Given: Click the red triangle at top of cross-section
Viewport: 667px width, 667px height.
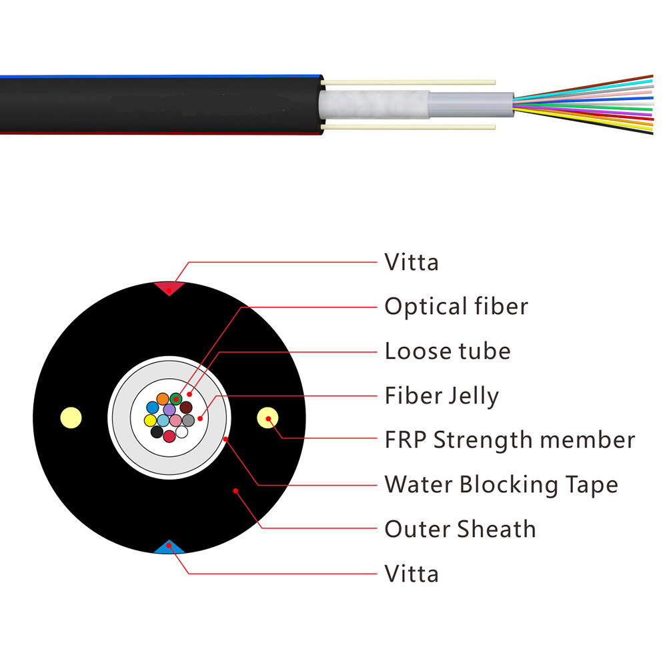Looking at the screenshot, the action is coord(169,287).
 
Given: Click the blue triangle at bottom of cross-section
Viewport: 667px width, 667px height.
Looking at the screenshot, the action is coord(169,548).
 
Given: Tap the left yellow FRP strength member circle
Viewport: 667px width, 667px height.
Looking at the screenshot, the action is coord(71,418).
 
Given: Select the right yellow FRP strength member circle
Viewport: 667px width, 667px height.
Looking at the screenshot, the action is coord(267,418).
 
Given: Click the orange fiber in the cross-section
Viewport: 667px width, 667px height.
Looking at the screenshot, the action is coord(163,399).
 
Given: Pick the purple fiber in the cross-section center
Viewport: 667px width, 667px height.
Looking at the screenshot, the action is coord(169,410).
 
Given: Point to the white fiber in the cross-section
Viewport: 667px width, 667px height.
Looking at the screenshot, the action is coord(181,432).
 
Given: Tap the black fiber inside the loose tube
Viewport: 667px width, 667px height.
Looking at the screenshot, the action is coord(157,432).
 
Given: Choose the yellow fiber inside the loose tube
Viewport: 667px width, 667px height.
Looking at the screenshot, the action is coord(150,421).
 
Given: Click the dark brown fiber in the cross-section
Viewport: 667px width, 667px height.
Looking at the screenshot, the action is coord(186,407).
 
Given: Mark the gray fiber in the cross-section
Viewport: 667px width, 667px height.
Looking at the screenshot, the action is coord(188,420).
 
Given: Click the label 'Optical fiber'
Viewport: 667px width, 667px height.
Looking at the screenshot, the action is coord(456,306).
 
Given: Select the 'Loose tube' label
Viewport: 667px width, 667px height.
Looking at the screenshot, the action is coord(448,351).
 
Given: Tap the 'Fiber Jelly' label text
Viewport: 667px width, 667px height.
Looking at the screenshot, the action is coord(442,396).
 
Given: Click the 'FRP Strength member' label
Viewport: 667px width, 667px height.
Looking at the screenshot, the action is coord(510,440).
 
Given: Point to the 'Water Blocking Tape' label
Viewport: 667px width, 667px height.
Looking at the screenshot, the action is coord(501,484).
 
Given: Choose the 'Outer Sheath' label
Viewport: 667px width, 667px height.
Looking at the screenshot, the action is coord(460,529).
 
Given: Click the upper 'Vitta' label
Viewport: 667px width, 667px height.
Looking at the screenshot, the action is coord(412,262).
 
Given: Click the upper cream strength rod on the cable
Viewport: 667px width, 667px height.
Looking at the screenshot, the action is coord(408,82).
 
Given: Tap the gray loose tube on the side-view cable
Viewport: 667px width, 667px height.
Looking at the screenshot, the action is coord(470,104).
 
